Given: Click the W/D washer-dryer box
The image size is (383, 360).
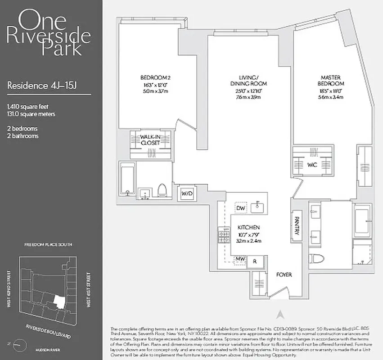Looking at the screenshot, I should tap(186, 193).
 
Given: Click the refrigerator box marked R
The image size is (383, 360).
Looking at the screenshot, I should tap(255, 261).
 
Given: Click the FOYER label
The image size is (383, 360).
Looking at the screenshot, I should tap(284, 274).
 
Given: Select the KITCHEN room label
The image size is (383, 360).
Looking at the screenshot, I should tap(249, 228).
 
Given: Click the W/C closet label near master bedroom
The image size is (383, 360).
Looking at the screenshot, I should tap(312, 165).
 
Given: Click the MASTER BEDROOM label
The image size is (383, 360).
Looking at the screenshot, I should tap(333, 81).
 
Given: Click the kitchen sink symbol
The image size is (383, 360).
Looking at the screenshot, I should tap(258, 207).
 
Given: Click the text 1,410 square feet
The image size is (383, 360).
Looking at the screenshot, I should tap(28, 107).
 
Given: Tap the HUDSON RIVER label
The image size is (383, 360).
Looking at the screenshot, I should tap(49, 348).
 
